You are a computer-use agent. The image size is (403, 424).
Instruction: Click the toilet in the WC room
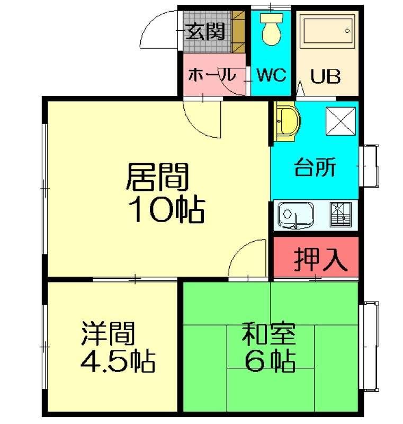point(272,29)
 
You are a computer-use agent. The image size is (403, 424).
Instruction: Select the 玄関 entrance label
point(205,31)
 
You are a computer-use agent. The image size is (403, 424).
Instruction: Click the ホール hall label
point(212,75)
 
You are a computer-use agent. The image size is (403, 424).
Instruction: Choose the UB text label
point(326,76)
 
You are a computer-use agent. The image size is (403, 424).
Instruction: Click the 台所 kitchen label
point(315,167)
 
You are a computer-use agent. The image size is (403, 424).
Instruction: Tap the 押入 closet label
point(320,260)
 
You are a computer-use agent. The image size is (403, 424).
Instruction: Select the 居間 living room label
point(157,177)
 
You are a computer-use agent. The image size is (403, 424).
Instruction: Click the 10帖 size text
point(167,209)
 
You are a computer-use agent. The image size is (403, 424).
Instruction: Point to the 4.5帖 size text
point(118,361)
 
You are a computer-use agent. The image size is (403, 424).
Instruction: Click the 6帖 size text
point(270,361)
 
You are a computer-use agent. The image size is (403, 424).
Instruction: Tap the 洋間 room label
point(108,333)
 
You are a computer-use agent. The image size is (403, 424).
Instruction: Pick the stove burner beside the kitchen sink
point(341,215)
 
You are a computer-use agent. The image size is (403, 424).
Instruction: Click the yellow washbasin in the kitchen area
point(287,122)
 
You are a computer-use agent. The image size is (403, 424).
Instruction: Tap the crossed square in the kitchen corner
point(341,121)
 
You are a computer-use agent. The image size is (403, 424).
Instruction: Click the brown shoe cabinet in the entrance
point(238,32)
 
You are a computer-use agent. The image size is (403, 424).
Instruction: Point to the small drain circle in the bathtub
point(347,31)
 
